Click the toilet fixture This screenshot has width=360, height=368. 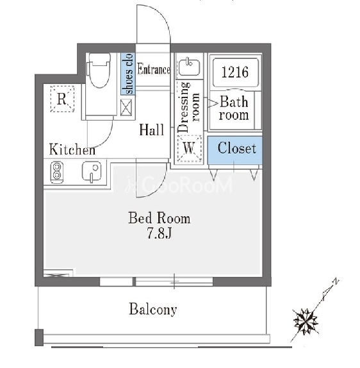(x=99, y=70)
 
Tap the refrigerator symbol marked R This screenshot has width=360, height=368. (x=62, y=99)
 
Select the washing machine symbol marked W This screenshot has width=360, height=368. (x=189, y=149)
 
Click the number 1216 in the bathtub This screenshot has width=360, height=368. (x=235, y=72)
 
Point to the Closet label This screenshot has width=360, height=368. (x=236, y=148)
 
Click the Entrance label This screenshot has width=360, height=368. (x=154, y=69)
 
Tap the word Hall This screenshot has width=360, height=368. (x=152, y=130)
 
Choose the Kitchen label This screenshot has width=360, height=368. (x=72, y=149)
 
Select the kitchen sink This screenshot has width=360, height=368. (x=92, y=171)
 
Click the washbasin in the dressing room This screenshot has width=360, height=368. (x=189, y=66)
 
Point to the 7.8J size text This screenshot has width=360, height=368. (x=160, y=233)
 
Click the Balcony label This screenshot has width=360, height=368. (x=153, y=309)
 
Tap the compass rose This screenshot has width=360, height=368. (x=306, y=321)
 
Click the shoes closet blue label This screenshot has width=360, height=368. (x=128, y=74)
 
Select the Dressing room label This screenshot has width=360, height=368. (x=189, y=107)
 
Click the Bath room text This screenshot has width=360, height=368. (x=234, y=108)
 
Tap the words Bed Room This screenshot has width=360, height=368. (x=160, y=218)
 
